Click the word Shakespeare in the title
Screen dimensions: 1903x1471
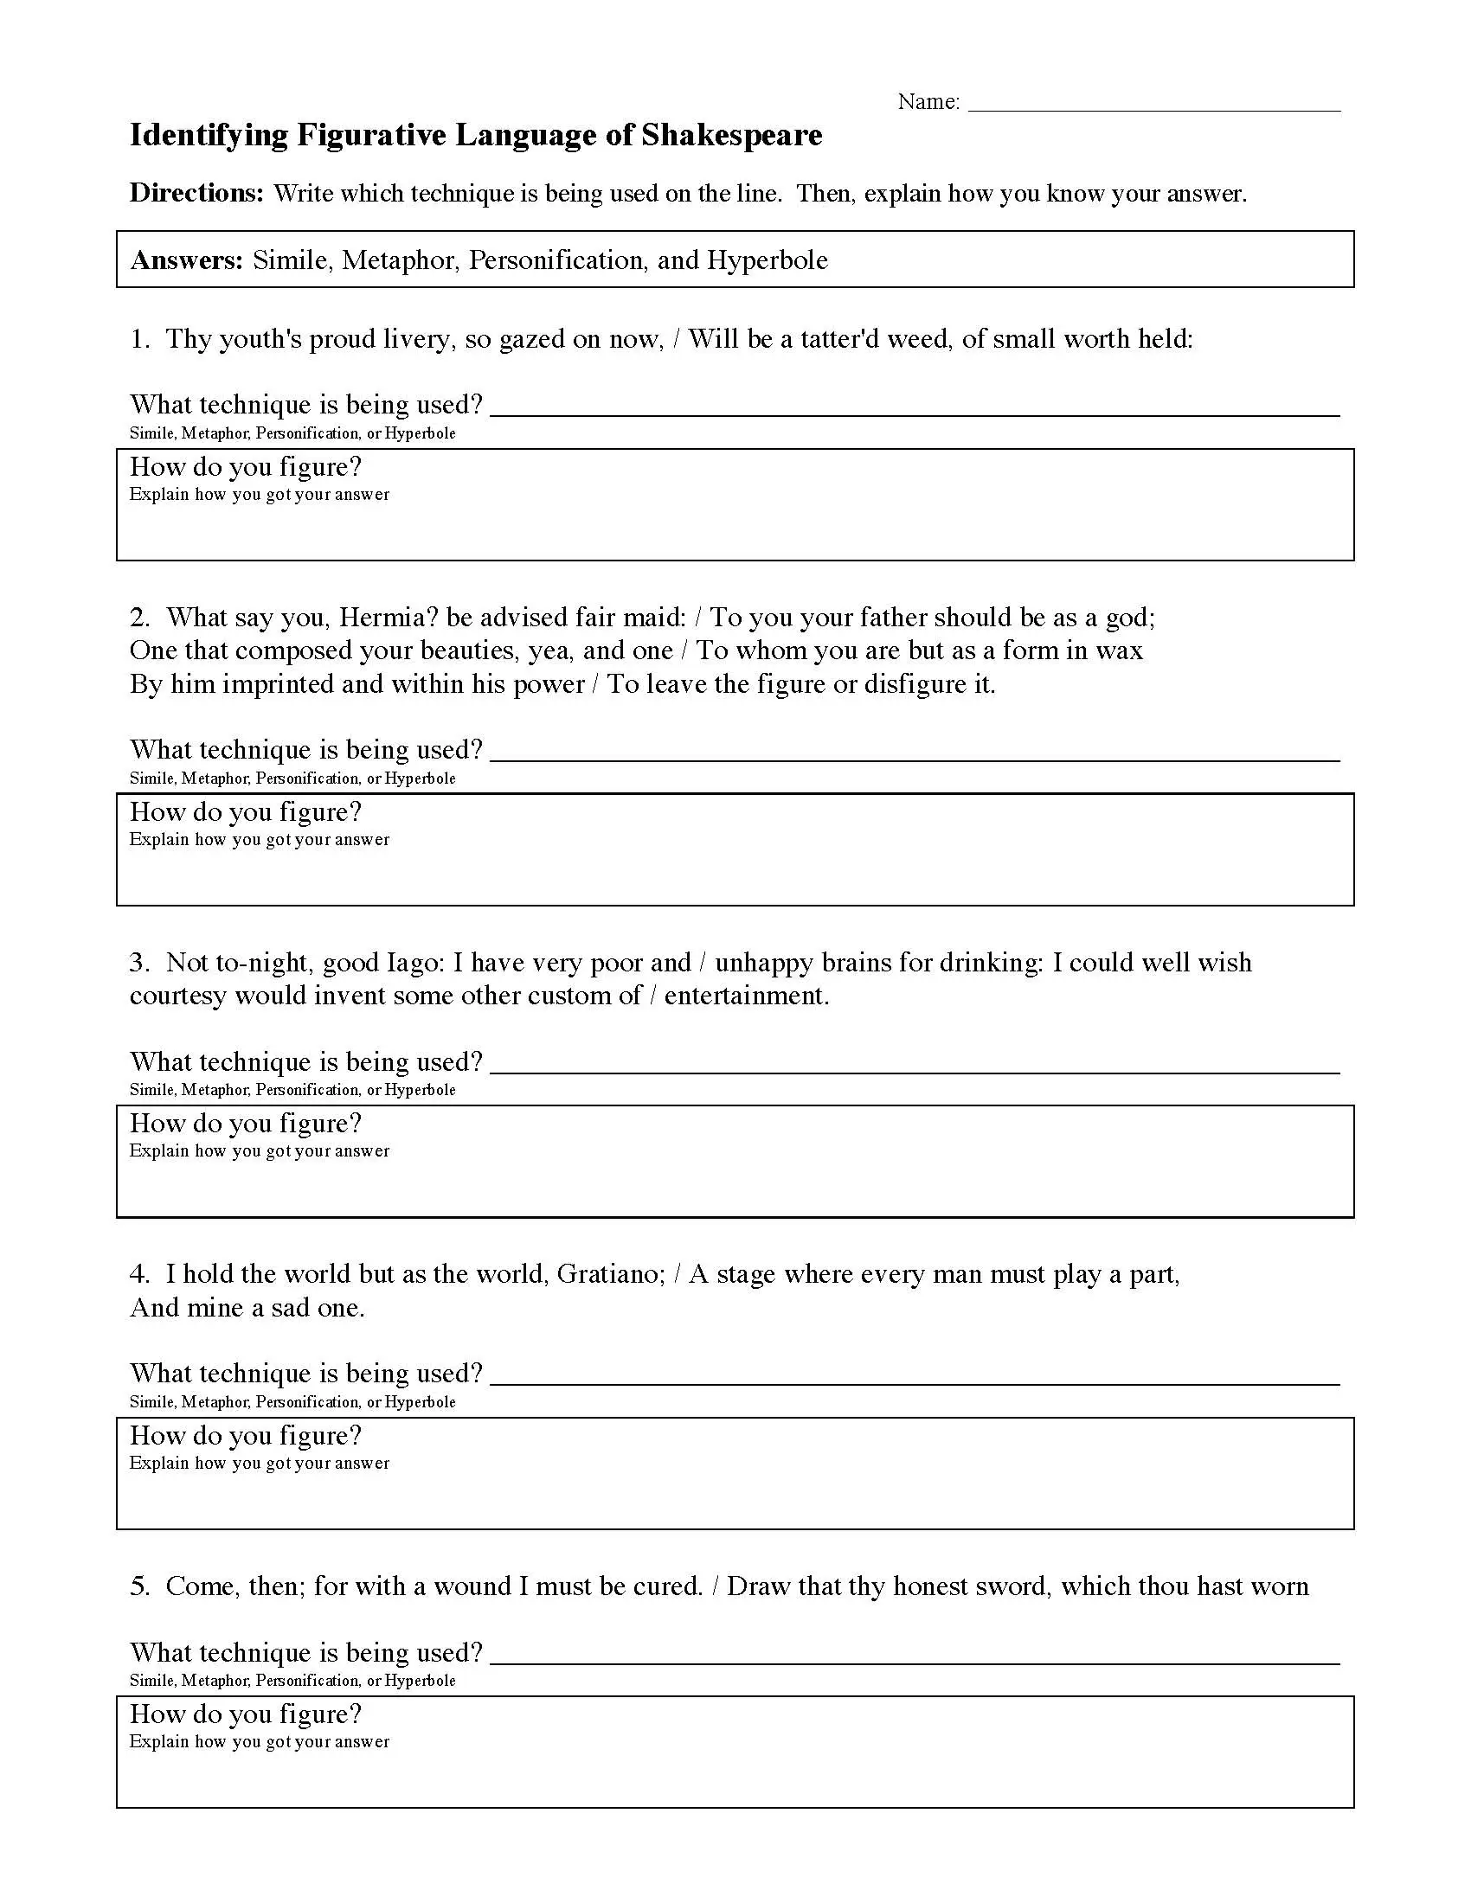pos(731,136)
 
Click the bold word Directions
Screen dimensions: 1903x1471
pos(196,193)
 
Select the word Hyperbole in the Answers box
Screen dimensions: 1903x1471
pos(767,260)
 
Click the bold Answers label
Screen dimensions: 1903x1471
pos(187,260)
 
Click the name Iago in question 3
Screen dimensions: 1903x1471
pos(414,963)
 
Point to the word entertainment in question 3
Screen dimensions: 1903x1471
pos(745,996)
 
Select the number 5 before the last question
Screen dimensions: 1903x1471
pos(139,1586)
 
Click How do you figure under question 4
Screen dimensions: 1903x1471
pos(245,1436)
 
